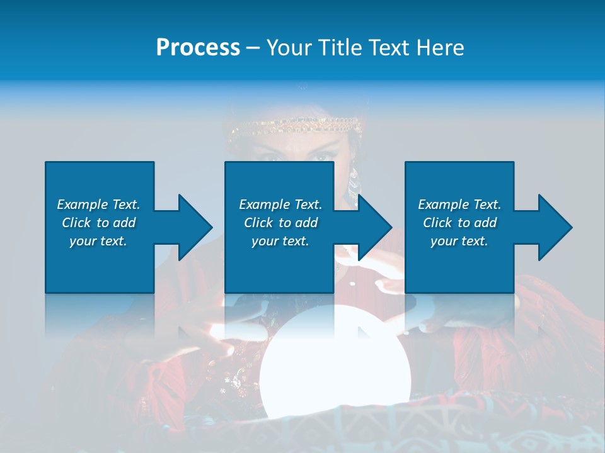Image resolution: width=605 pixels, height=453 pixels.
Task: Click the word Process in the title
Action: pos(198,48)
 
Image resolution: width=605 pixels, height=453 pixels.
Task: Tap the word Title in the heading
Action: pos(340,48)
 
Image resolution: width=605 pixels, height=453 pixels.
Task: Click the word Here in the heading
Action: pos(441,48)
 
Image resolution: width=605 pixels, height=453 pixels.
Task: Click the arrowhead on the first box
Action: pos(192,227)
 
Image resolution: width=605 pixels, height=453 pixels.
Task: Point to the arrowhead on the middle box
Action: pos(372,227)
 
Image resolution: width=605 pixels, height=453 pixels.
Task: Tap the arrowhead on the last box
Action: pos(553,227)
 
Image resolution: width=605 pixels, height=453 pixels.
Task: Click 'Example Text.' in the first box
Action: pos(98,204)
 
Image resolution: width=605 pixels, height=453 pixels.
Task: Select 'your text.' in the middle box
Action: pos(280,241)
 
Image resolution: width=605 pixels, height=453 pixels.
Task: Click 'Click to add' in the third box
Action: pos(459,223)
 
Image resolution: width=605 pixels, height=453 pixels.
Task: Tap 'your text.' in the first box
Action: pos(98,241)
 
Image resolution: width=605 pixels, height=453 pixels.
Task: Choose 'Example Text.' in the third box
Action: pos(459,204)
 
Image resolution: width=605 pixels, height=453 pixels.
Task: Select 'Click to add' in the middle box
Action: pos(280,223)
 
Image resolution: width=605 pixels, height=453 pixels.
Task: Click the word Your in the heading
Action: pos(290,48)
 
